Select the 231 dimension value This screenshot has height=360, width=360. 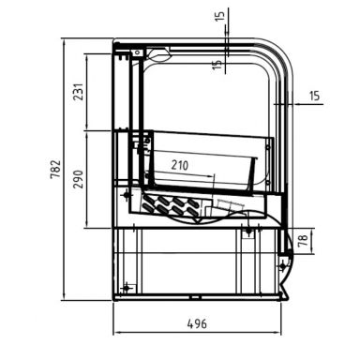click(x=80, y=92)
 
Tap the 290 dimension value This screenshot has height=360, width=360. click(x=80, y=180)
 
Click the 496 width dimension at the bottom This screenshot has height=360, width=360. click(x=196, y=323)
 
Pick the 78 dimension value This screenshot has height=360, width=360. click(x=301, y=242)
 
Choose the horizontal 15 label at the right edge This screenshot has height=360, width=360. click(x=314, y=96)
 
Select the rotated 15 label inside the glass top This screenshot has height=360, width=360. click(x=217, y=64)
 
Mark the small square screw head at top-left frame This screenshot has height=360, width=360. click(x=123, y=53)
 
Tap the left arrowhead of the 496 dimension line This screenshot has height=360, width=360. click(x=116, y=332)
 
